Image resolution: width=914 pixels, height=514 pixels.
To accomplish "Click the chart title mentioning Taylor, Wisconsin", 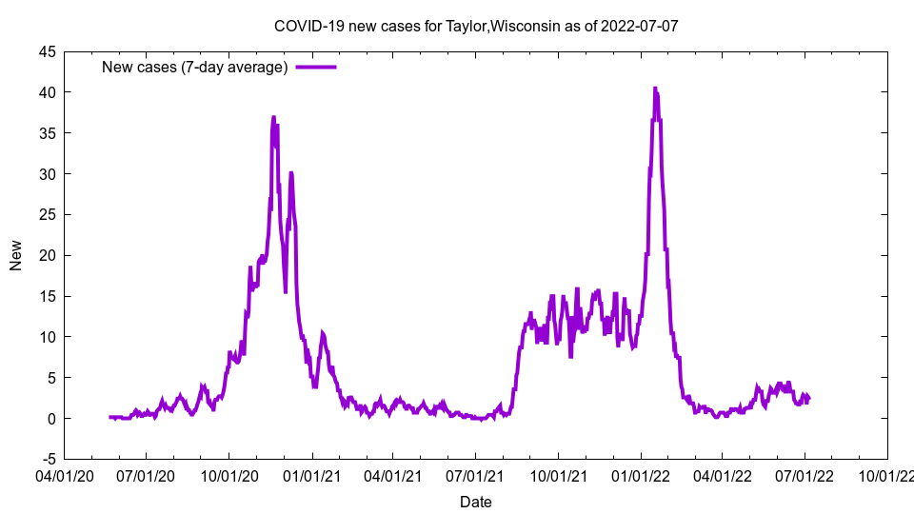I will pos(475,26).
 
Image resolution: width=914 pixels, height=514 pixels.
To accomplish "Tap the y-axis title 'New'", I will pos(16,255).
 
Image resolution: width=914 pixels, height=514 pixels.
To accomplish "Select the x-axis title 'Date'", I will pos(475,502).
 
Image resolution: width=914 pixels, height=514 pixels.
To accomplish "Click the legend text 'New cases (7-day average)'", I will pos(194,67).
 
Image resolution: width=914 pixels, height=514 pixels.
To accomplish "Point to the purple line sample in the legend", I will pos(316,67).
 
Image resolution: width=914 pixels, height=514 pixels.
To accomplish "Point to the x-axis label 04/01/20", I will pos(64,473).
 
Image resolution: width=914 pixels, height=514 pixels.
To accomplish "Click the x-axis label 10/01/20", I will pos(228,473).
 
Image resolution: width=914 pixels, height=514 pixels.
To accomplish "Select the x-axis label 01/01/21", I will pos(311,473).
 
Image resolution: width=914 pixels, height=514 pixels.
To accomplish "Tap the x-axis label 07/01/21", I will pos(475,473).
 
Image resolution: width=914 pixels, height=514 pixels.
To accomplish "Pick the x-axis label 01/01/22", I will pos(641,473).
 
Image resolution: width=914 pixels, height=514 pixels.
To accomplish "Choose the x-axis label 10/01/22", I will pos(887,473).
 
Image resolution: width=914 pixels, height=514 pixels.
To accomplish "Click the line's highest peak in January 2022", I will pos(655,89).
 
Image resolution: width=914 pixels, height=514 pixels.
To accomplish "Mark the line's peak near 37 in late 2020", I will pos(273,117).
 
